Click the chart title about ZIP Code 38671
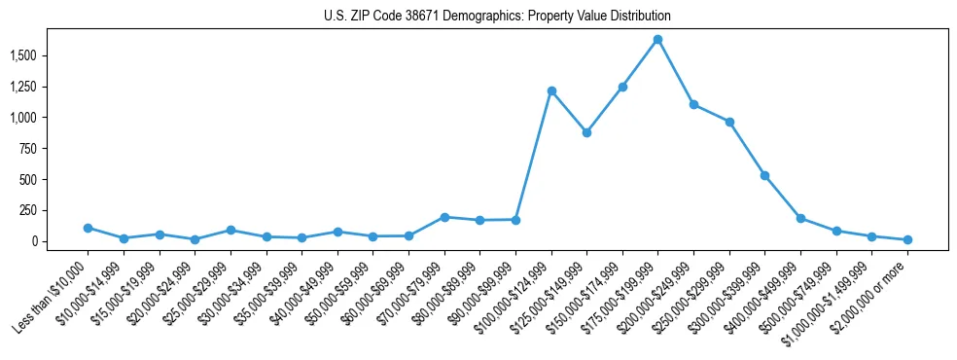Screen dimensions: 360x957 [x=497, y=17]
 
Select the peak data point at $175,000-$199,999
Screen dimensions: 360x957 [x=657, y=40]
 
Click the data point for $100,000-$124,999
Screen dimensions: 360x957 [x=551, y=91]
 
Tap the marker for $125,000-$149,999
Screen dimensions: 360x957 [x=586, y=132]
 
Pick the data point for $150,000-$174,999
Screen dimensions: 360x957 [x=622, y=87]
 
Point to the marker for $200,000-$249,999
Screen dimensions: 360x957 [x=693, y=104]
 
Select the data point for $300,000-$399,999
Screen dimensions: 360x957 [x=764, y=175]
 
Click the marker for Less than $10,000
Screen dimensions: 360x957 [x=88, y=228]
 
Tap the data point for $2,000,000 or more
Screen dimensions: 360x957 [x=907, y=239]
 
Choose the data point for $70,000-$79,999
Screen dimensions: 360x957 [x=444, y=217]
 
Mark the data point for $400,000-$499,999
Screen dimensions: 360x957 [x=800, y=218]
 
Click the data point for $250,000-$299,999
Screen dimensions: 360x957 [x=729, y=122]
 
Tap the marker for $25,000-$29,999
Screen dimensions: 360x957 [x=230, y=230]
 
